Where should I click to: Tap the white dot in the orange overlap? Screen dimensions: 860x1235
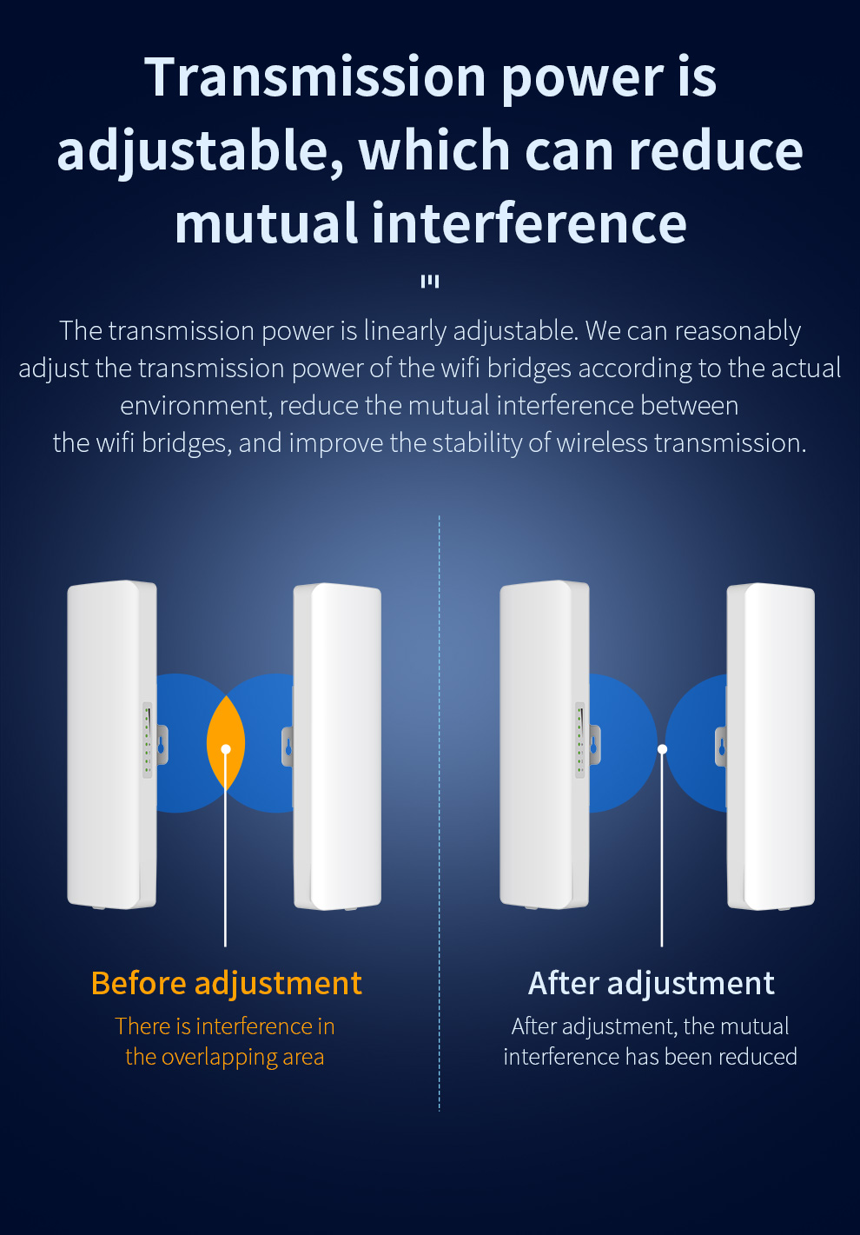[x=226, y=748]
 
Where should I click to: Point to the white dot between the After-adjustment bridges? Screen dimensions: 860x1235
[x=662, y=748]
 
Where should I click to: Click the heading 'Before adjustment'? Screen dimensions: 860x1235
[x=227, y=983]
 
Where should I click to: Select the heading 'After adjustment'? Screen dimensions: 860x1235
[x=652, y=983]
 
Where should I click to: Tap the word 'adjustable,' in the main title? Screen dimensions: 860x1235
[x=201, y=150]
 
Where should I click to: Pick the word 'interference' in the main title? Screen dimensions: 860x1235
[x=529, y=222]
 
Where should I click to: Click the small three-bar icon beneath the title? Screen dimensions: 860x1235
[x=430, y=282]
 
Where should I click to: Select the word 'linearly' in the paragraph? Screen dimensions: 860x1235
[x=405, y=331]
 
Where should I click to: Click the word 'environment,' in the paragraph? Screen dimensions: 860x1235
[x=196, y=406]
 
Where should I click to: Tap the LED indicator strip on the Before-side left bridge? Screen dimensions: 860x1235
[x=148, y=740]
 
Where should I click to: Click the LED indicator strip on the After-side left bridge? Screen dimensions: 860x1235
[x=580, y=740]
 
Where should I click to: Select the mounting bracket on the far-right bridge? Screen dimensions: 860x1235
[x=721, y=747]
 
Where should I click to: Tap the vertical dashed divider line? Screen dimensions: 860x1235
[x=439, y=813]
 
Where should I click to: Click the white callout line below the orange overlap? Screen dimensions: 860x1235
[x=225, y=850]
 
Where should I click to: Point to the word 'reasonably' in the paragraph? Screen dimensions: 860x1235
[x=738, y=331]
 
